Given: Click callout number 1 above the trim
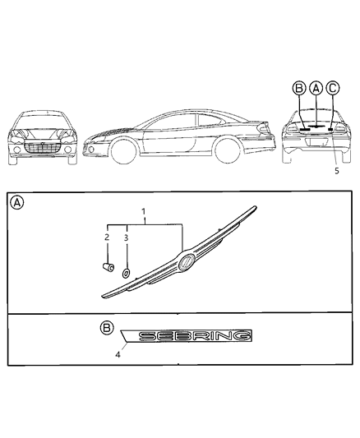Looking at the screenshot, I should click(x=145, y=212).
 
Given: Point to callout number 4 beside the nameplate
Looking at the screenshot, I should click(x=118, y=355).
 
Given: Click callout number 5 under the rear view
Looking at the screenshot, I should click(x=335, y=172).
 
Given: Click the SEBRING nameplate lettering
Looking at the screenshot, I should click(x=195, y=337).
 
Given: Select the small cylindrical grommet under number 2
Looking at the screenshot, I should click(x=108, y=267).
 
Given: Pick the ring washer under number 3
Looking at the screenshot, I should click(x=127, y=274).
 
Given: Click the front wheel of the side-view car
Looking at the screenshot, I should click(x=124, y=153).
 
